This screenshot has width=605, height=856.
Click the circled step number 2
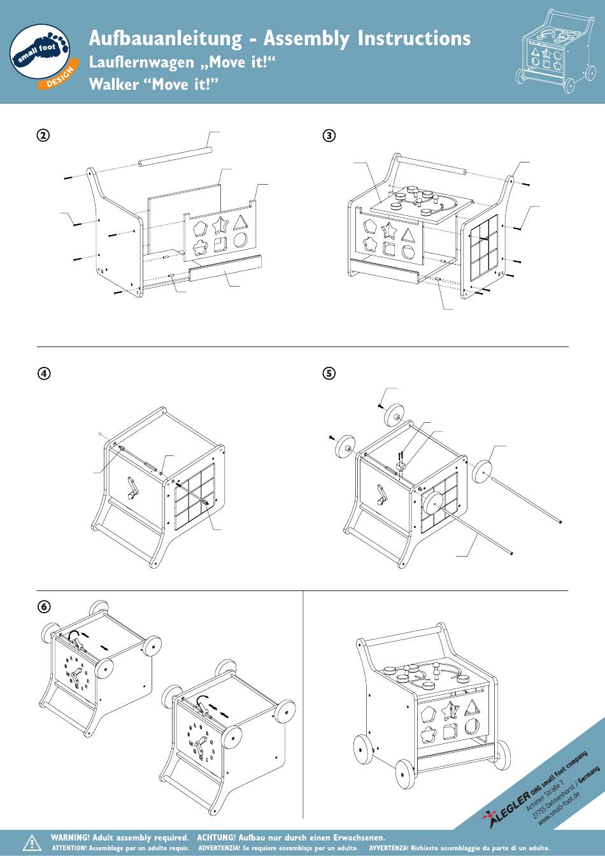point(43,135)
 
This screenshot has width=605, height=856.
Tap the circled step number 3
point(329,135)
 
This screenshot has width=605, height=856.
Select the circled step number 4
point(44,373)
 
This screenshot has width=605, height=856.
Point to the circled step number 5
point(329,373)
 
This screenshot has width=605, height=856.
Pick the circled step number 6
point(44,606)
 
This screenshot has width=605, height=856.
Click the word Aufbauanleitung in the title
point(166,39)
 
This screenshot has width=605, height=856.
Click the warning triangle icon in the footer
point(32,842)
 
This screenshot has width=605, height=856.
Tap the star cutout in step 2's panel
point(220,225)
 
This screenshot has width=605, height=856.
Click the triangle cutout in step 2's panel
point(240,223)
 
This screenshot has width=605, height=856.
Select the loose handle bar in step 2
point(175,157)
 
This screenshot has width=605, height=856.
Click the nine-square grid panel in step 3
point(484,248)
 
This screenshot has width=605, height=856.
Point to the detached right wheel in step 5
point(482,472)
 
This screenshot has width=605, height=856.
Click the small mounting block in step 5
point(401,466)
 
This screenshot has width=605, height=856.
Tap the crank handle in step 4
point(133,489)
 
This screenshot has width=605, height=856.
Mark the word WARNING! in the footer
point(70,838)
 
